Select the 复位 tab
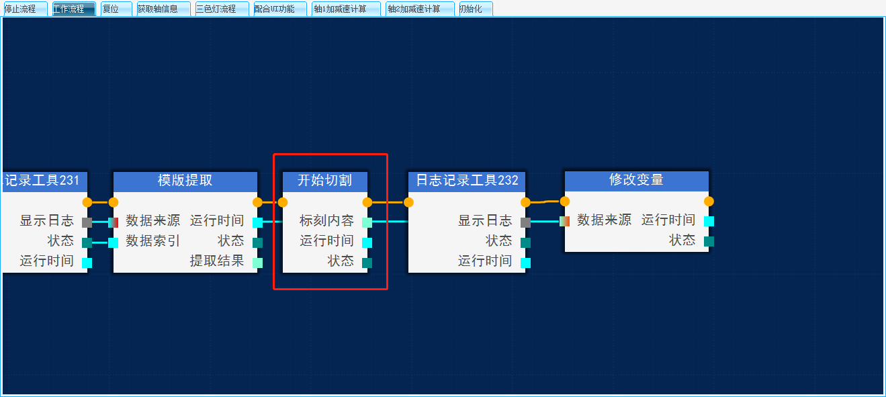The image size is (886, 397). click(110, 9)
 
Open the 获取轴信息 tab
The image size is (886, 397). click(158, 9)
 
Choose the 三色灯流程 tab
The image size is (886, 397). click(216, 9)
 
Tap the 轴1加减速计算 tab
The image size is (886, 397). click(340, 9)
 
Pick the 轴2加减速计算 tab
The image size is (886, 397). click(414, 9)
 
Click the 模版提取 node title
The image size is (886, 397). click(185, 180)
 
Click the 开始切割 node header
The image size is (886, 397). click(324, 180)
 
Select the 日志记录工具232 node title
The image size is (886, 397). click(467, 180)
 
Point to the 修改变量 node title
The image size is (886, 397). click(636, 180)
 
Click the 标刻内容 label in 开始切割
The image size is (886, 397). click(326, 221)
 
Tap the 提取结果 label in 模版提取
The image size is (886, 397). click(217, 261)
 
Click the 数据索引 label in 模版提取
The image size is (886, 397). click(153, 241)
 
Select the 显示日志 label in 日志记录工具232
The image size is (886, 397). click(485, 221)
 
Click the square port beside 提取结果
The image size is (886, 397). click(258, 263)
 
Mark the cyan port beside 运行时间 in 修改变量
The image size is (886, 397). click(709, 221)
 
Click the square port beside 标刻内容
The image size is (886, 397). click(367, 222)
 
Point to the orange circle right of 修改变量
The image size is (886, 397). click(709, 201)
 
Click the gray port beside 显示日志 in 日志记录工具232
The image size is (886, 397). click(525, 222)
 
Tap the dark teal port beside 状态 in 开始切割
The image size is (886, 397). click(367, 263)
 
